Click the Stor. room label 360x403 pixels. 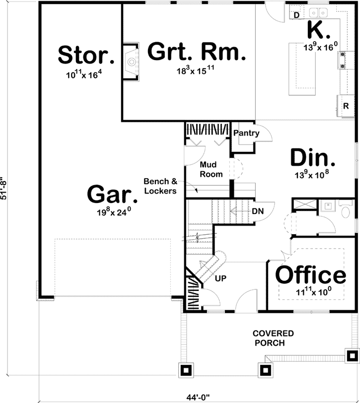(86, 55)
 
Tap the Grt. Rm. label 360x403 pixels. (196, 52)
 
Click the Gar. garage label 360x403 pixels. (112, 195)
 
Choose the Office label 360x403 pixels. (310, 274)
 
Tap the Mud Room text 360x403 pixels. (211, 169)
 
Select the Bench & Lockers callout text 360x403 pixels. (160, 186)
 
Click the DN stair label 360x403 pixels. (257, 211)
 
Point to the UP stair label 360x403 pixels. (220, 278)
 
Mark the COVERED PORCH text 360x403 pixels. (273, 337)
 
